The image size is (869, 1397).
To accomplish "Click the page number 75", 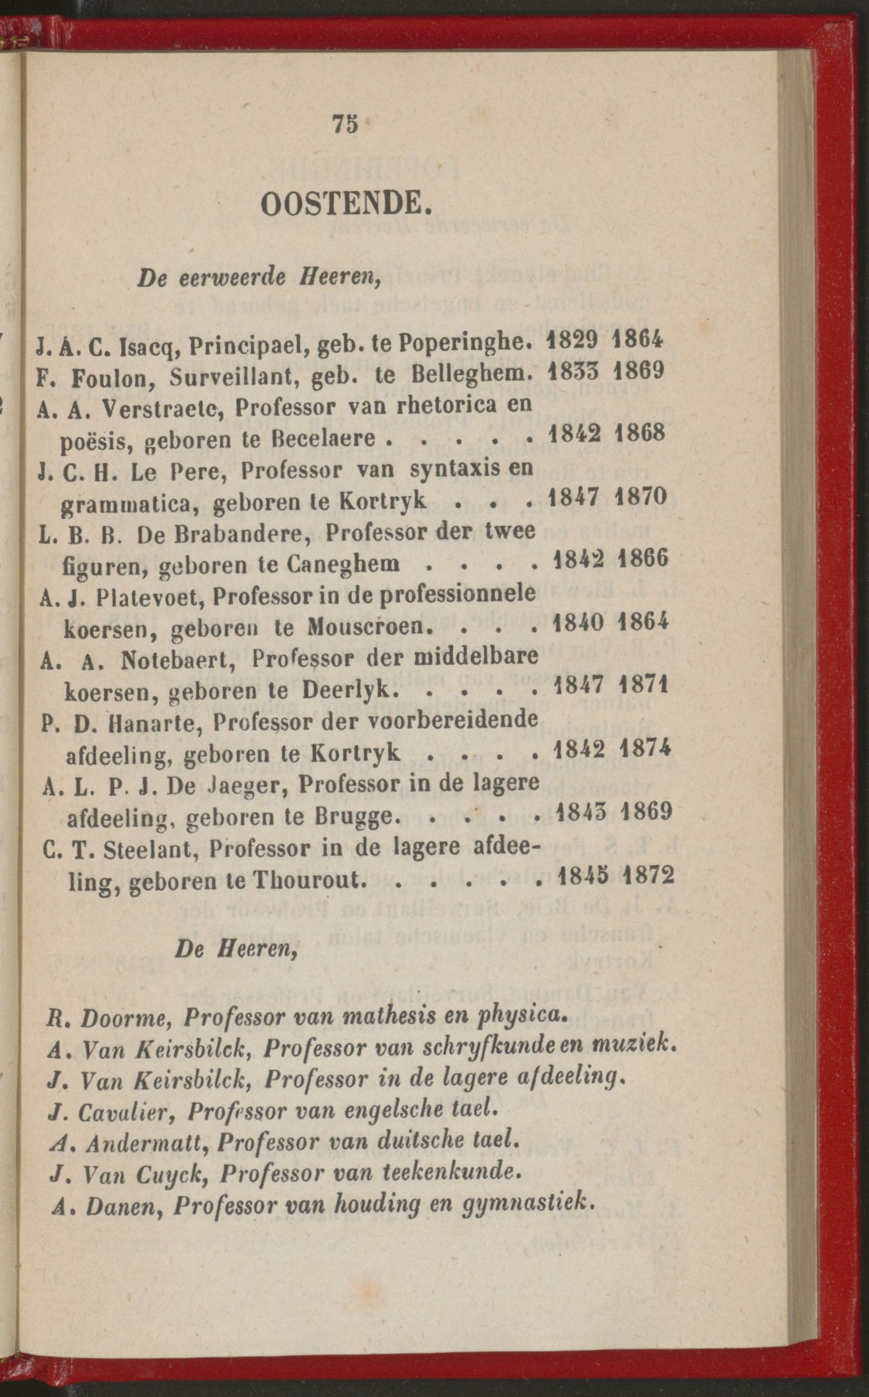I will pyautogui.click(x=345, y=123).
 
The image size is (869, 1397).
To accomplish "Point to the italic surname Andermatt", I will pyautogui.click(x=141, y=1140).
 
